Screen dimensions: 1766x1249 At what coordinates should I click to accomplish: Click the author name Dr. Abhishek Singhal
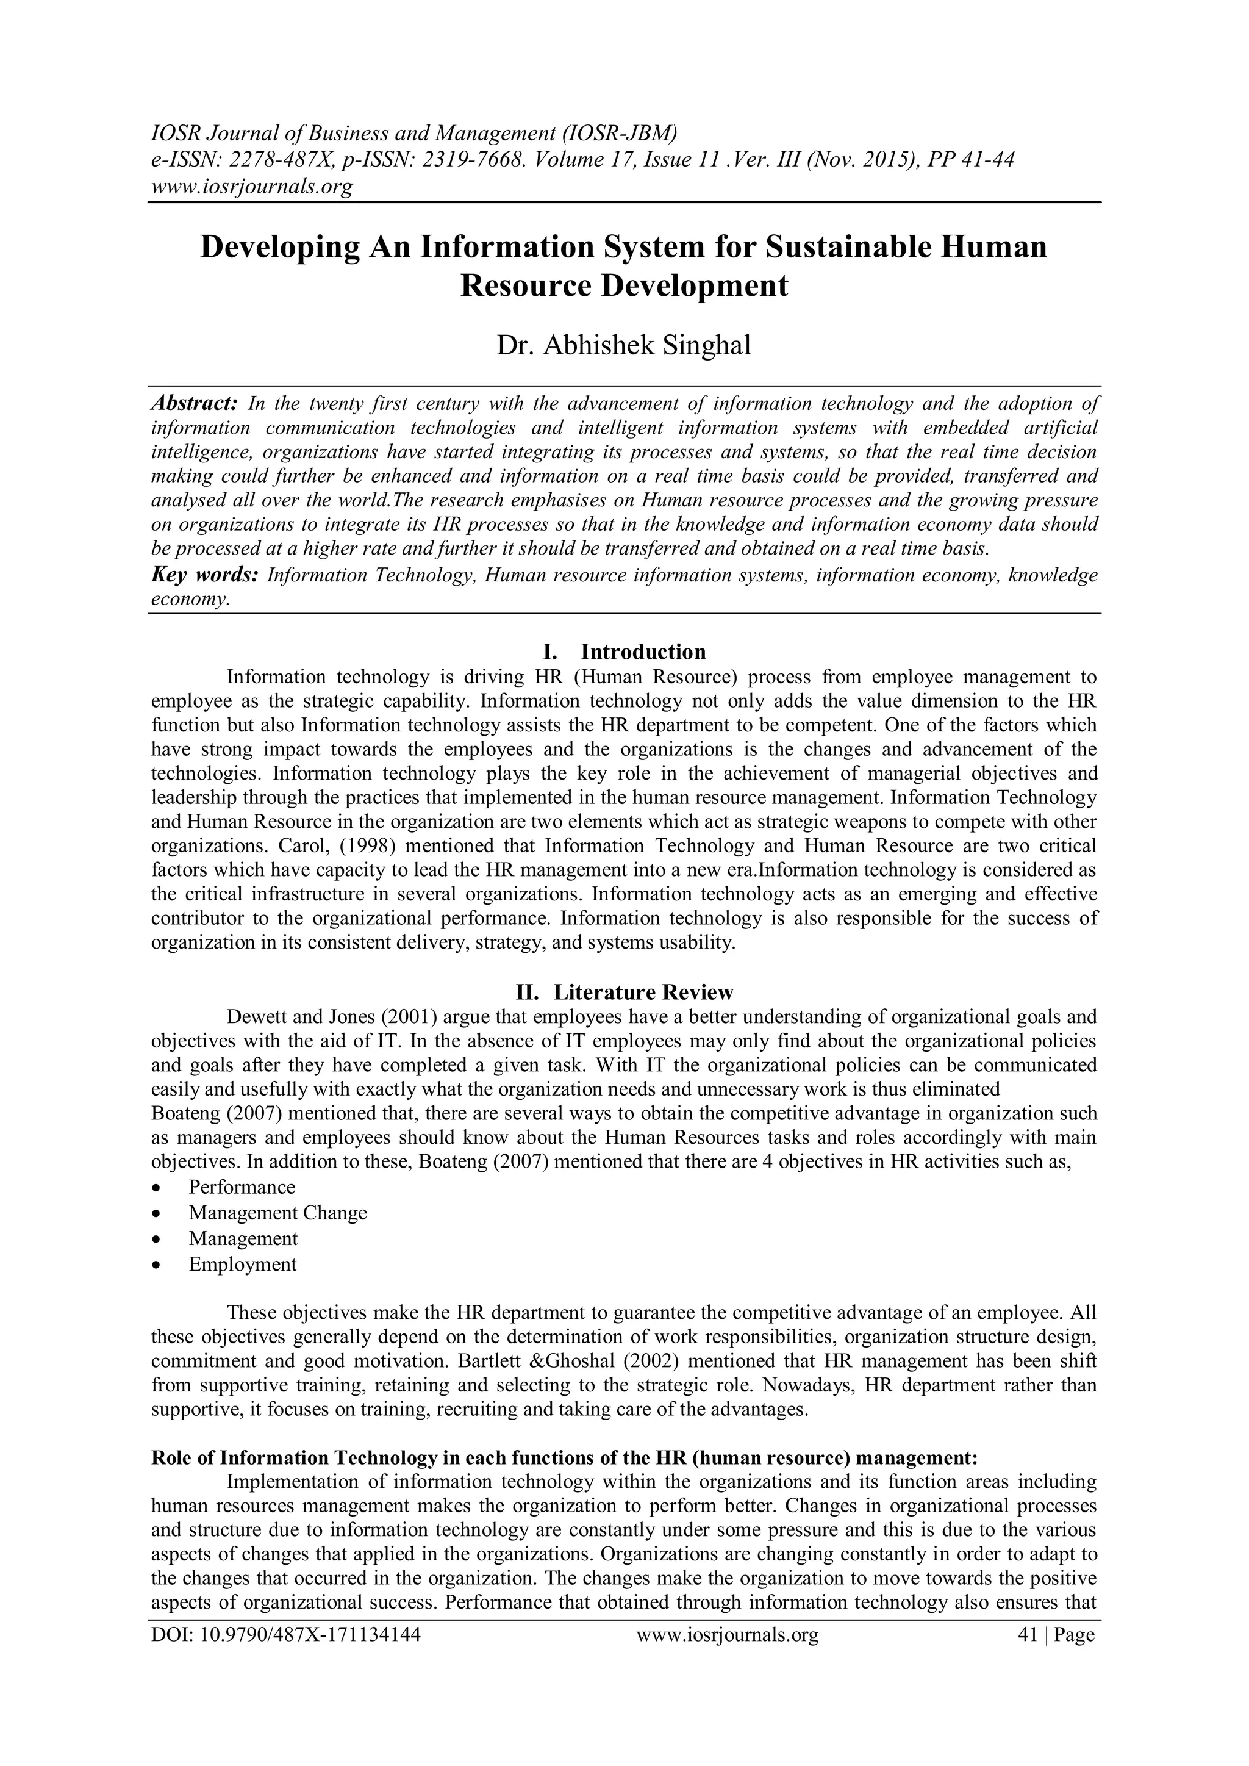624,345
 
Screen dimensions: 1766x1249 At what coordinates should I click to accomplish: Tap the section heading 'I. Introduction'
624,651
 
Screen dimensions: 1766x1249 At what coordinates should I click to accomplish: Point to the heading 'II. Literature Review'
624,991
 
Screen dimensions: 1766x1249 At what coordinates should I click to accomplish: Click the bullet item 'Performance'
242,1187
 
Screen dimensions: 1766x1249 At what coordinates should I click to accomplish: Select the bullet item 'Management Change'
277,1213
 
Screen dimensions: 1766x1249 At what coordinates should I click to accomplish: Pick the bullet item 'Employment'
242,1265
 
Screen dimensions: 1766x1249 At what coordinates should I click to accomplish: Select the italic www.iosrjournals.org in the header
251,186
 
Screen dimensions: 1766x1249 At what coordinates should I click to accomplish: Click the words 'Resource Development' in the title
624,285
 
